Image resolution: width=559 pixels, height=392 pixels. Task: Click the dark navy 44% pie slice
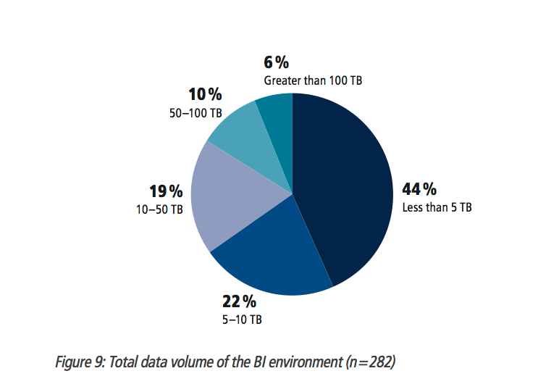tap(340, 188)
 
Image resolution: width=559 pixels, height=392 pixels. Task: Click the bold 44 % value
tap(419, 190)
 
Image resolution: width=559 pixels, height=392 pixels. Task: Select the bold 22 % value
tap(239, 301)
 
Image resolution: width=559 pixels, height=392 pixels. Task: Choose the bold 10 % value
tap(205, 95)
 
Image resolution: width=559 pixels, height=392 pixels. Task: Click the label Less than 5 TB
tap(437, 207)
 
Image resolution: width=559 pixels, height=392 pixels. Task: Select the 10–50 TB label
tap(161, 209)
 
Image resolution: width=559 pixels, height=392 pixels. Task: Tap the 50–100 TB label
tap(196, 113)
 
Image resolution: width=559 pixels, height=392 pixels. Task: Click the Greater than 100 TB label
tap(313, 80)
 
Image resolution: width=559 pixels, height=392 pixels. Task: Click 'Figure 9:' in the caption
tap(79, 362)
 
